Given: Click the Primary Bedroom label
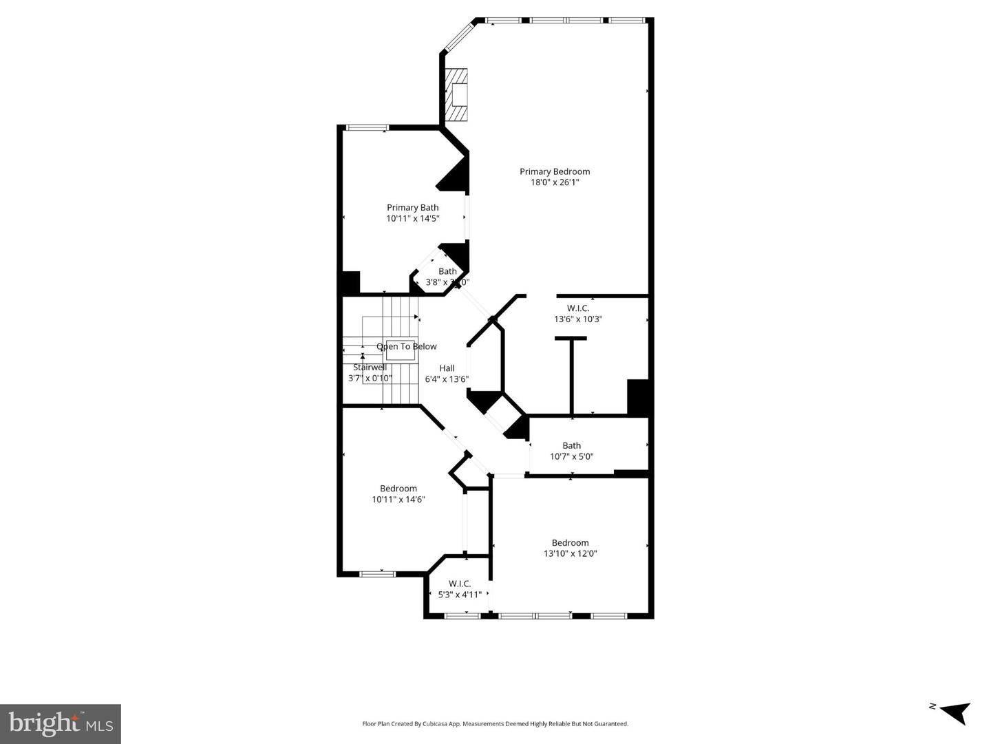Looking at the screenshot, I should pyautogui.click(x=554, y=171).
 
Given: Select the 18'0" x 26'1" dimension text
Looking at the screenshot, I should pyautogui.click(x=554, y=182).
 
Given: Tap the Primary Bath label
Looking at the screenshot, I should pyautogui.click(x=412, y=207).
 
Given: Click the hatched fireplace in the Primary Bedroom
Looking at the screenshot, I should pyautogui.click(x=456, y=94).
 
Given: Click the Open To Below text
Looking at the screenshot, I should pyautogui.click(x=407, y=346).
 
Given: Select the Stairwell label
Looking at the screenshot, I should pyautogui.click(x=370, y=368).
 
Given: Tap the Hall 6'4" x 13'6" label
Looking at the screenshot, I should pyautogui.click(x=447, y=373).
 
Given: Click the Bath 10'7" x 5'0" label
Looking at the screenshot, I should pyautogui.click(x=571, y=451).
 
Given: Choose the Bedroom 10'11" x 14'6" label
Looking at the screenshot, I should pyautogui.click(x=398, y=494).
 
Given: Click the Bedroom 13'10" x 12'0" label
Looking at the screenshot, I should pyautogui.click(x=570, y=548).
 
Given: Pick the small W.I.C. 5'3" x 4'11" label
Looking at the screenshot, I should pyautogui.click(x=460, y=589).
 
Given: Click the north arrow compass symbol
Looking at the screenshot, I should pyautogui.click(x=954, y=712).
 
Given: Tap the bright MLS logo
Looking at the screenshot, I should pyautogui.click(x=61, y=723).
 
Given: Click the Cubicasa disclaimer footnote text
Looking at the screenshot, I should pyautogui.click(x=495, y=723).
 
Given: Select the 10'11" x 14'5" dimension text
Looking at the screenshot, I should pyautogui.click(x=412, y=218).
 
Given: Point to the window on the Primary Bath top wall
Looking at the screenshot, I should pyautogui.click(x=367, y=127).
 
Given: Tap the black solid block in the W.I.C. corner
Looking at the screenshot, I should pyautogui.click(x=639, y=397).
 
